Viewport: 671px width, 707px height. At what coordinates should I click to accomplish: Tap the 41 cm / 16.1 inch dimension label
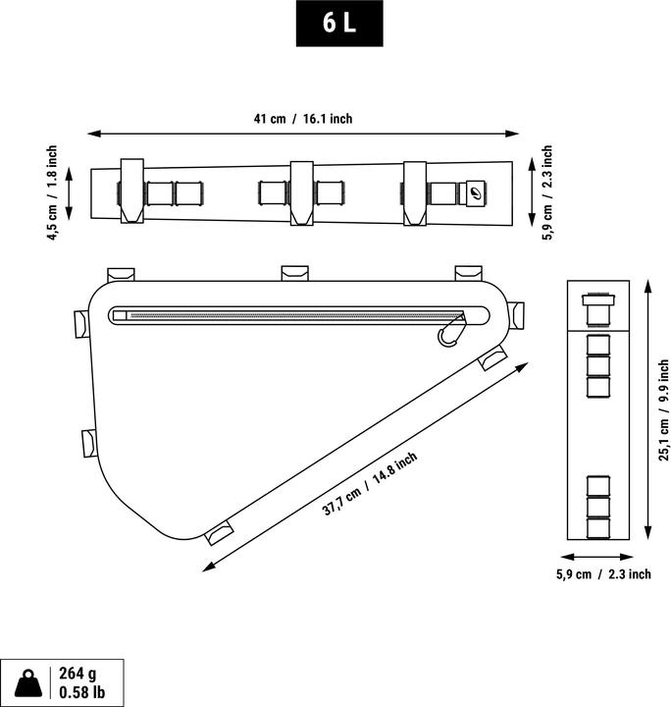(302, 119)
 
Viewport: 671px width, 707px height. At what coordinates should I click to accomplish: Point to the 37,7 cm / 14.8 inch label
(370, 484)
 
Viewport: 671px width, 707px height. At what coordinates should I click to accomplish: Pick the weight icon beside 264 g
(27, 682)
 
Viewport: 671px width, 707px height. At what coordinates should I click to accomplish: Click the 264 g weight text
(77, 674)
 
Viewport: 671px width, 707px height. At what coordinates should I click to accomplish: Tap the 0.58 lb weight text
(82, 693)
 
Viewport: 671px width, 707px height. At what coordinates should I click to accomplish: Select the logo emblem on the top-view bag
(476, 191)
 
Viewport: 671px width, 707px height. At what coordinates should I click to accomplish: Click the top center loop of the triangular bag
(294, 272)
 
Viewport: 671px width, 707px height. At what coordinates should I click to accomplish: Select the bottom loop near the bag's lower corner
(219, 531)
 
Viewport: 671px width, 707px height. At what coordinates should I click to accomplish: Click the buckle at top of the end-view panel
(595, 306)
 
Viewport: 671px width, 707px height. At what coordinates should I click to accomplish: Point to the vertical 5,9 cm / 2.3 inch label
(547, 193)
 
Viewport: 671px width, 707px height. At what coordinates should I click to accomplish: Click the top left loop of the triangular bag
(122, 273)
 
